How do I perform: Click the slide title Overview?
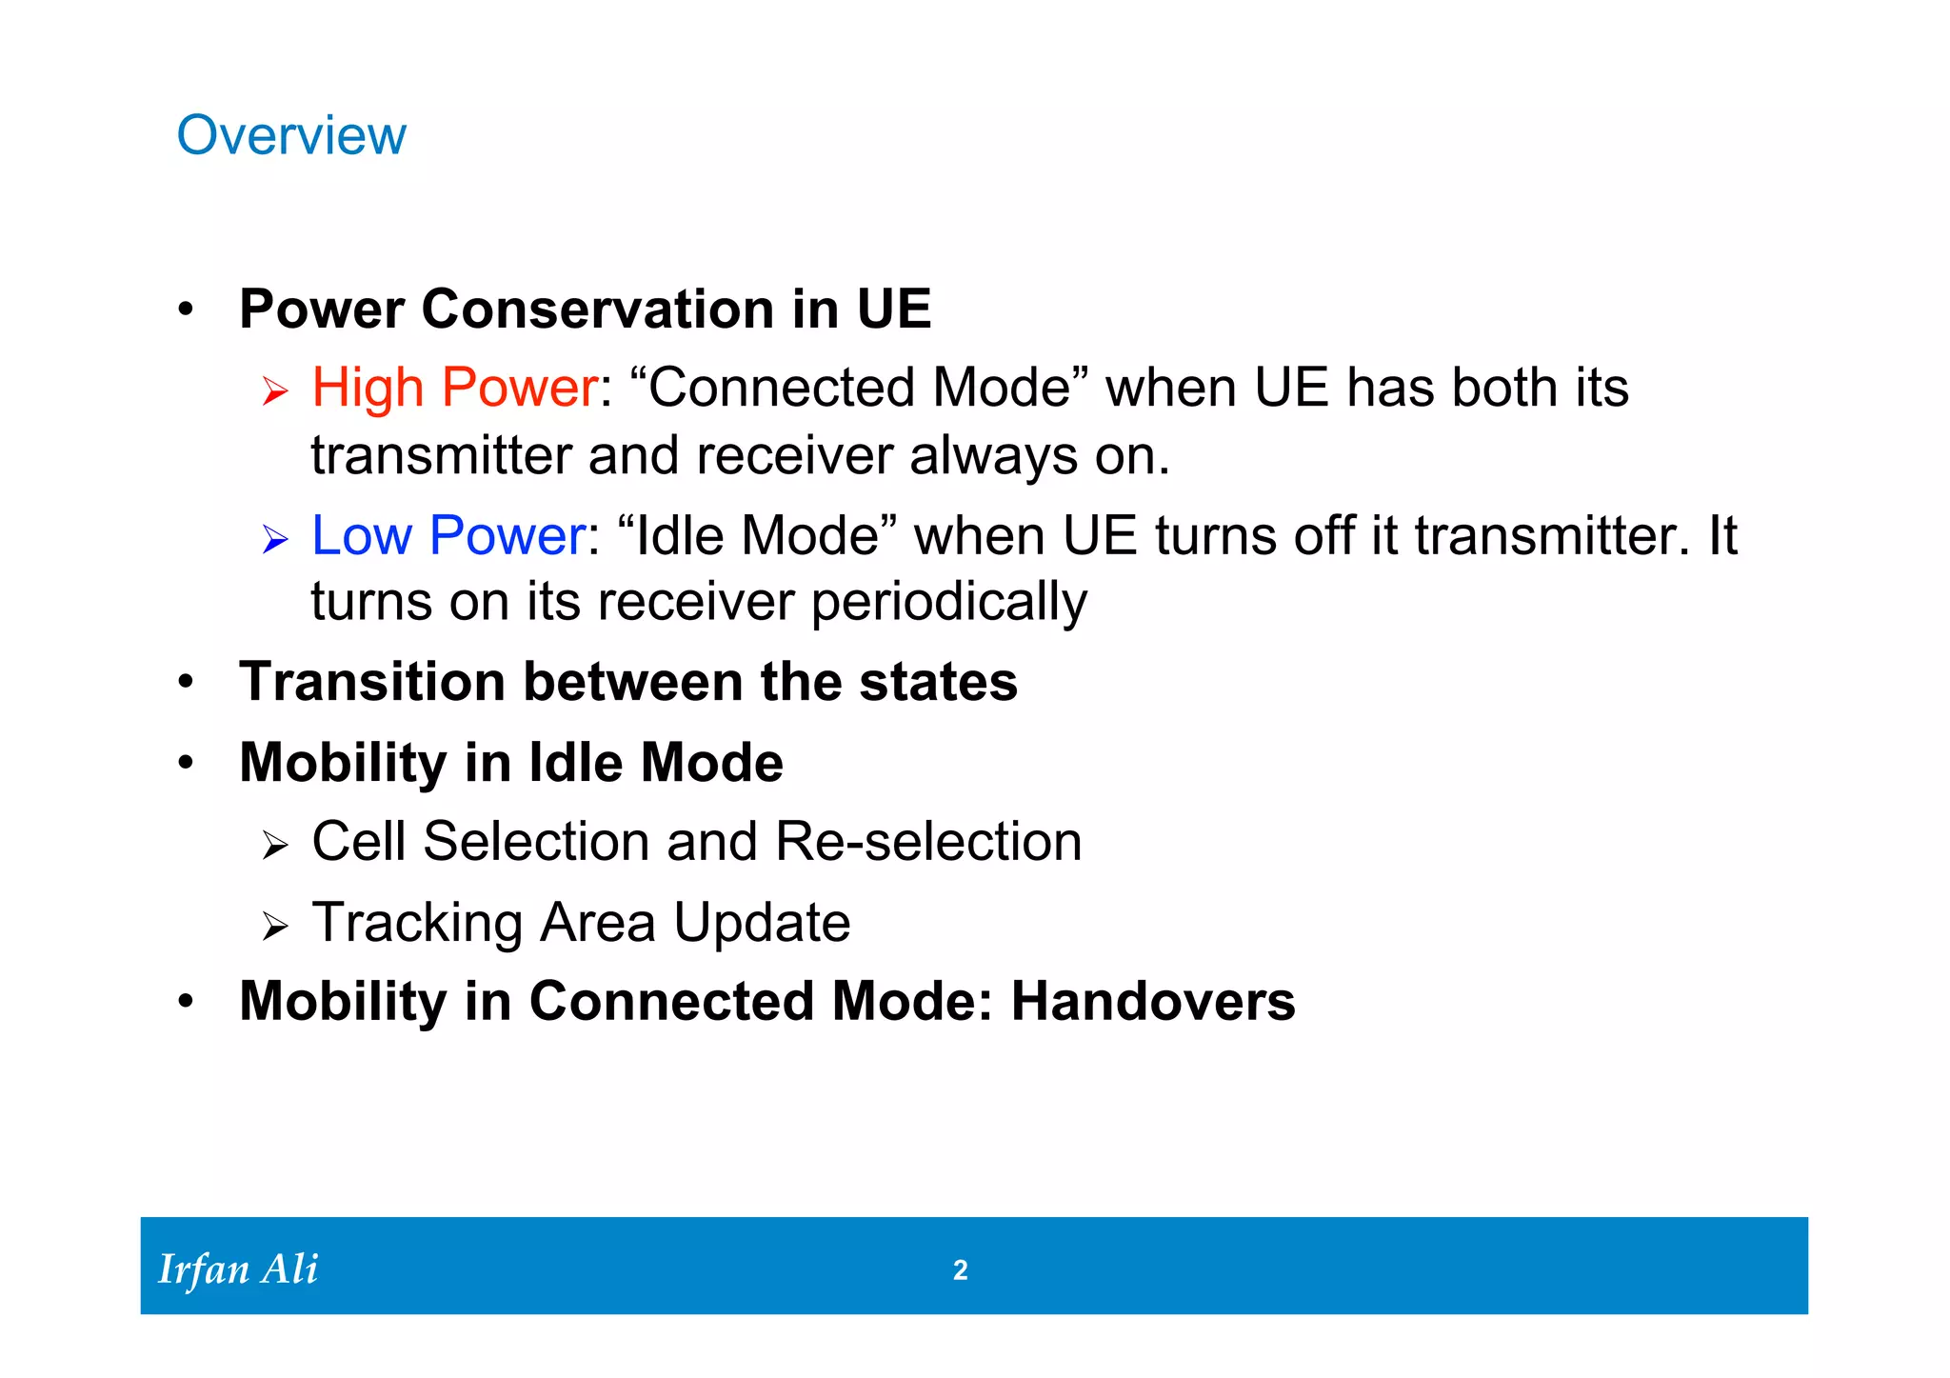(291, 135)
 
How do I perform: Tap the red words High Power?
(454, 388)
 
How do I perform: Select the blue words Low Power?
(448, 535)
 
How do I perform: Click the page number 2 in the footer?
(960, 1269)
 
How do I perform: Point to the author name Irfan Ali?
(238, 1269)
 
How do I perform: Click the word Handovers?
(1152, 1002)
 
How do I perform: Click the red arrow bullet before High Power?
(275, 391)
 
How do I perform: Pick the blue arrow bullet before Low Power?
(275, 540)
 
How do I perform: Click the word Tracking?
(417, 923)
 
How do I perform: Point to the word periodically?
(948, 603)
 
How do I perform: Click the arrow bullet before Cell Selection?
(275, 845)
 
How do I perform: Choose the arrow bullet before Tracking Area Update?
(275, 926)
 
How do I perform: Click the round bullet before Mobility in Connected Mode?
(186, 1002)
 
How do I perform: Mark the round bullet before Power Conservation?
(186, 310)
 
